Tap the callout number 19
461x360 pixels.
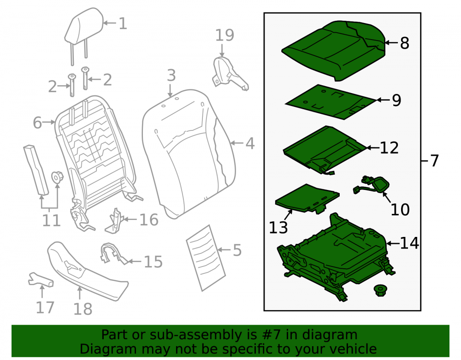click(x=225, y=35)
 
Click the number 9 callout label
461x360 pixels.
click(x=396, y=100)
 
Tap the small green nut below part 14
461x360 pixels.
click(x=380, y=290)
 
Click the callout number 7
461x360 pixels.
click(x=434, y=161)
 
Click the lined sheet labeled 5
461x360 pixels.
click(x=206, y=258)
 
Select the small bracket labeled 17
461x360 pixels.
click(x=41, y=280)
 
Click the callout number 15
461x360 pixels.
click(x=153, y=262)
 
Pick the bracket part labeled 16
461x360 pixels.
click(x=115, y=221)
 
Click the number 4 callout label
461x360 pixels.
click(x=250, y=144)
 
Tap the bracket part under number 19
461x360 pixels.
click(x=230, y=73)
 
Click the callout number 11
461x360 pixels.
click(x=51, y=220)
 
